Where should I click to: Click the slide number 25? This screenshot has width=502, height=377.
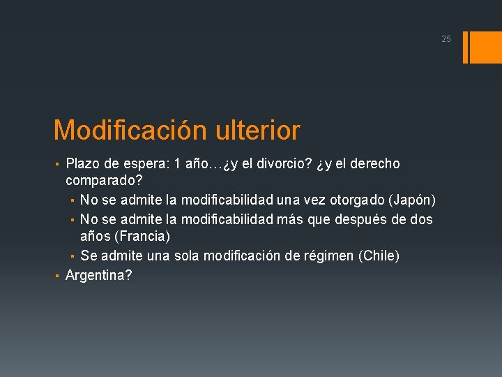point(446,39)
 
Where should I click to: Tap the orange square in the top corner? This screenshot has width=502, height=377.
point(484,47)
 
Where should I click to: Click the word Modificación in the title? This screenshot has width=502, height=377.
point(130,130)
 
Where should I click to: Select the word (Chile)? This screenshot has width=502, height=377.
point(379,256)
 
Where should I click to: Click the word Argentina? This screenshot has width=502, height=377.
point(96,275)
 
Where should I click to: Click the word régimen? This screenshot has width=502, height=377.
point(328,256)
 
